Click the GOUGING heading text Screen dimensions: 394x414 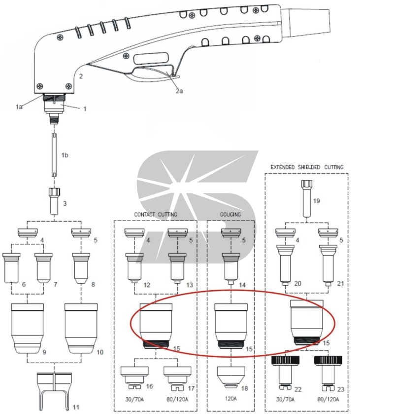[230, 214]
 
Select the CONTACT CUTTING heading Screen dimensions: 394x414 [156, 214]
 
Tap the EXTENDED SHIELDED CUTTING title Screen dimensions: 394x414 [307, 167]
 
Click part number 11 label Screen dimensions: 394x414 [76, 407]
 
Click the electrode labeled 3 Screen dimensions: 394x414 [54, 201]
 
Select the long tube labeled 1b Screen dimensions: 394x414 [54, 155]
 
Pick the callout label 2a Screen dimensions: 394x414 [179, 91]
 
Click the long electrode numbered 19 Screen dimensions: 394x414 [307, 198]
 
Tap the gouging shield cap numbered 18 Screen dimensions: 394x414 [231, 377]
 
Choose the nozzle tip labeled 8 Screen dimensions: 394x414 [81, 268]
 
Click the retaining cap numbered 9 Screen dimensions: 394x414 [28, 328]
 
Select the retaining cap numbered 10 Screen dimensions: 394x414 [81, 328]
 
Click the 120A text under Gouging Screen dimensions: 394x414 [230, 398]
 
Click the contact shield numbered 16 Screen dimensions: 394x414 [134, 377]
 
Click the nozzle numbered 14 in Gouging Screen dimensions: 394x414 [231, 269]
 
